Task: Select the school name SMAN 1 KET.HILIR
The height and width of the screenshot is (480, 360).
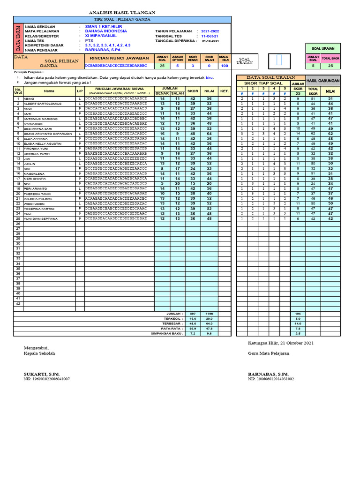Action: coord(104,27)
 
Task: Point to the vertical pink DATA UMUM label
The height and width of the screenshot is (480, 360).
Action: coord(18,38)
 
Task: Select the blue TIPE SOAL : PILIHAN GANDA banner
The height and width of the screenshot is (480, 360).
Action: coord(122,19)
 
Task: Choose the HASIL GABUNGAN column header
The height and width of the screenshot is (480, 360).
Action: coord(322,81)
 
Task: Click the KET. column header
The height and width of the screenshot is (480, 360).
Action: coord(224,90)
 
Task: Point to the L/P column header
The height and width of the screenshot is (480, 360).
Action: coord(80,90)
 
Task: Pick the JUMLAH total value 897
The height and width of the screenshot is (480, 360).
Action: coord(192,313)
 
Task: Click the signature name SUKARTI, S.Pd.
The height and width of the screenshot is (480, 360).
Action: coord(42,374)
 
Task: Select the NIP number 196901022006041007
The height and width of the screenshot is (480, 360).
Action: coord(46,379)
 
